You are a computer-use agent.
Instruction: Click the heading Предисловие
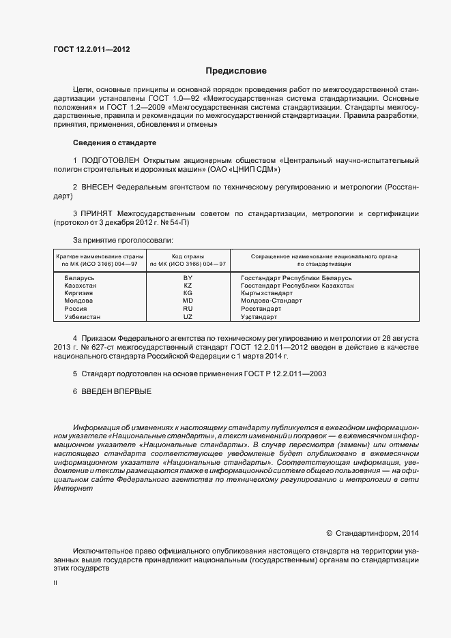[x=237, y=70]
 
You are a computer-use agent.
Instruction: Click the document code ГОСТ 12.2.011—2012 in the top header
[x=91, y=50]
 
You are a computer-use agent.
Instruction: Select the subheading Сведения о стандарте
[x=115, y=142]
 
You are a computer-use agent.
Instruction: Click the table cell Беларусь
[x=79, y=278]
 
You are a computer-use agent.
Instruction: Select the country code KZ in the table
[x=188, y=286]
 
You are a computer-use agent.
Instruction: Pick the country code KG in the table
[x=188, y=293]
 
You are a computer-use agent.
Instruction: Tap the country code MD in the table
[x=188, y=301]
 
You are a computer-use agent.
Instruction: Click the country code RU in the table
[x=188, y=308]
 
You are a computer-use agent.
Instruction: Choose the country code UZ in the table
[x=188, y=317]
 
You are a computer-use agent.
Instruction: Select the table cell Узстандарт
[x=259, y=317]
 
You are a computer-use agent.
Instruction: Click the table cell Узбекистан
[x=82, y=317]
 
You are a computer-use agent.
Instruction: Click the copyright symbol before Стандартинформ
[x=329, y=534]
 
